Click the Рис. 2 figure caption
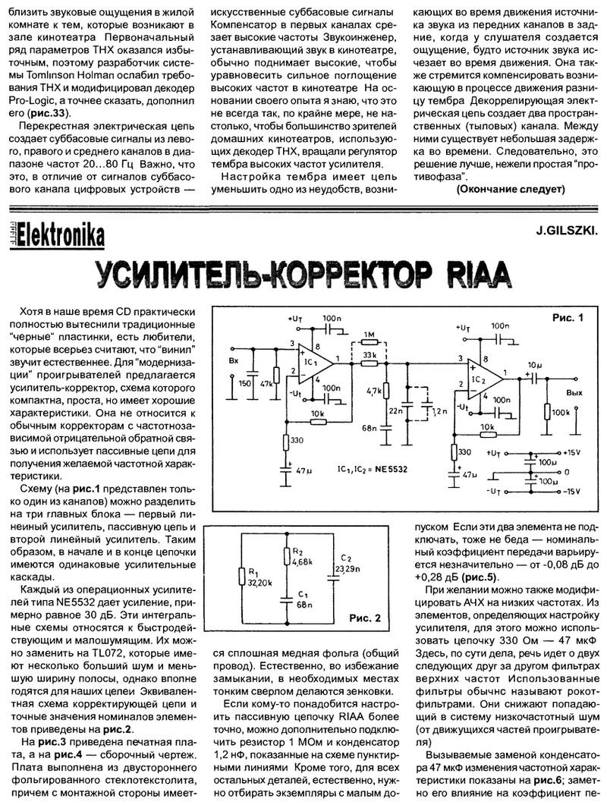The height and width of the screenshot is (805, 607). coord(354,621)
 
